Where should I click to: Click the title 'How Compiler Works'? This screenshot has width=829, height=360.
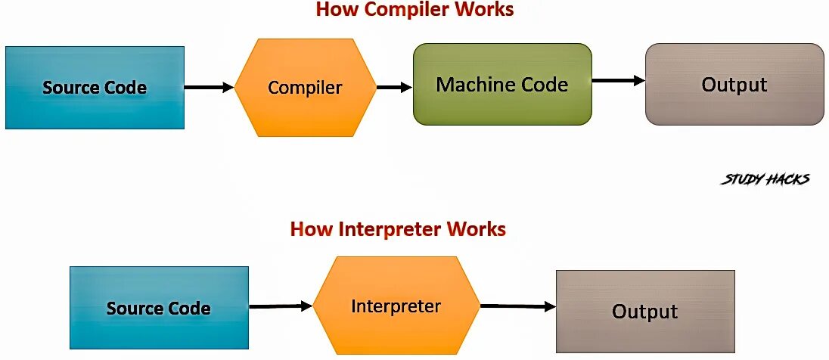(414, 10)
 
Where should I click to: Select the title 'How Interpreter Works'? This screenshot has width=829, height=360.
(398, 228)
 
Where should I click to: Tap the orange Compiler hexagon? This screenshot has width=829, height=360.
(305, 88)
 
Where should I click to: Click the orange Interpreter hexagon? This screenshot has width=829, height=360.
(396, 306)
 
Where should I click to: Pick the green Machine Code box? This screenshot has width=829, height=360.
(502, 84)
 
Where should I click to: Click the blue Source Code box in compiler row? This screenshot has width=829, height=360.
(95, 88)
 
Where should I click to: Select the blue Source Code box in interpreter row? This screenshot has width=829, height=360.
(159, 308)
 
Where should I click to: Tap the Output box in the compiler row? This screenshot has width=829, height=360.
(734, 84)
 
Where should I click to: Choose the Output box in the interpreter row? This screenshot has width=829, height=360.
(644, 311)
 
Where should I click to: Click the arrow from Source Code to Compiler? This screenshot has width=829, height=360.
(209, 88)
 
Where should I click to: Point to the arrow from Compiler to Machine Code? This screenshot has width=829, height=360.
(394, 88)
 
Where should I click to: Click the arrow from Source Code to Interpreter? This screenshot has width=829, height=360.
(280, 306)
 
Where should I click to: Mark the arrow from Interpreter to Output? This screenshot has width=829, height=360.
(517, 306)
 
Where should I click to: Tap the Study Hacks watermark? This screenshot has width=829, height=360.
(765, 179)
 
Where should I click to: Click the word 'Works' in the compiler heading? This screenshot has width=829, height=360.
(486, 10)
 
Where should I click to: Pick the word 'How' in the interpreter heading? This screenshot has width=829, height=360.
(307, 228)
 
